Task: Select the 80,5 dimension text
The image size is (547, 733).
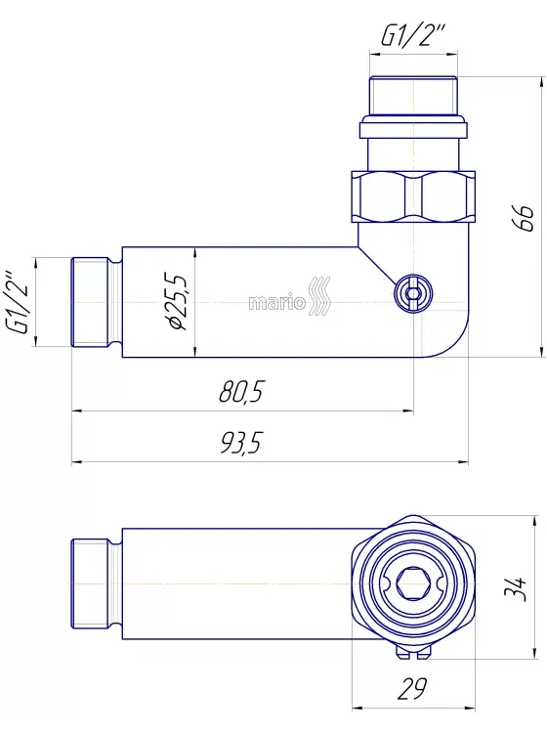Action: point(241,391)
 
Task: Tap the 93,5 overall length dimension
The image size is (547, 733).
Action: point(241,442)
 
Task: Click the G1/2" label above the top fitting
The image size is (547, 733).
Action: point(413,35)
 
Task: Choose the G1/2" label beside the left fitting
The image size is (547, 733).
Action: point(18,302)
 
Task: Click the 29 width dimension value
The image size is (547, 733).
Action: point(412,689)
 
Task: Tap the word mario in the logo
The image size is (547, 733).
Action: point(276,303)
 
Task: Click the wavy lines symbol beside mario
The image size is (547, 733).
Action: point(319,295)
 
